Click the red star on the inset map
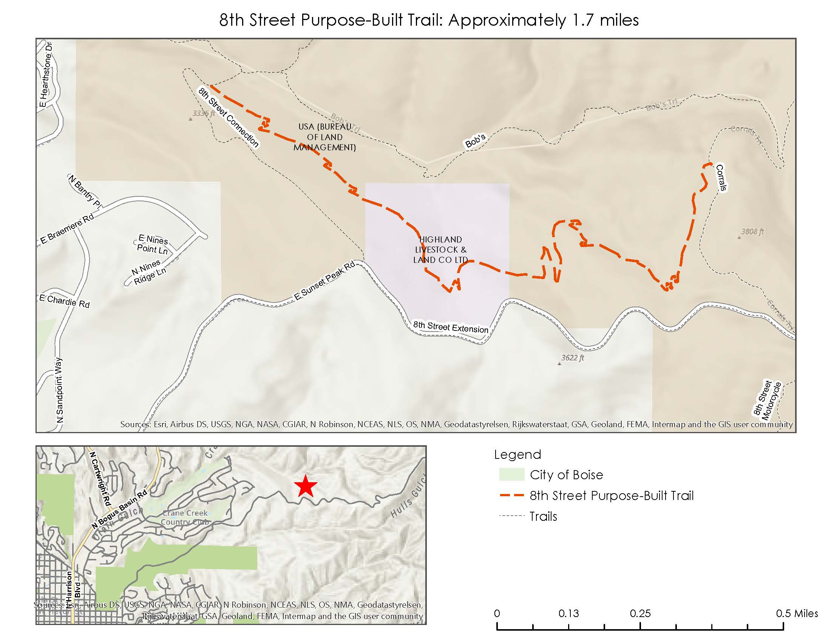[305, 486]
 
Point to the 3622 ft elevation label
[572, 358]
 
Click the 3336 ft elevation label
[204, 113]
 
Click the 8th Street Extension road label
[451, 327]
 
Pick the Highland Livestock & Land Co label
[440, 250]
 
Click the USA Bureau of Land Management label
[324, 137]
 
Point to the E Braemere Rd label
[67, 229]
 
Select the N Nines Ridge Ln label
[149, 272]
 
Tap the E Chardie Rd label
[65, 301]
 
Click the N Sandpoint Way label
[60, 390]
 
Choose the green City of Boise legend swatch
[511, 475]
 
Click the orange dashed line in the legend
[511, 495]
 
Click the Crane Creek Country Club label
[185, 517]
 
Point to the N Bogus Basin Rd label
[119, 510]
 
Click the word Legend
[517, 454]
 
